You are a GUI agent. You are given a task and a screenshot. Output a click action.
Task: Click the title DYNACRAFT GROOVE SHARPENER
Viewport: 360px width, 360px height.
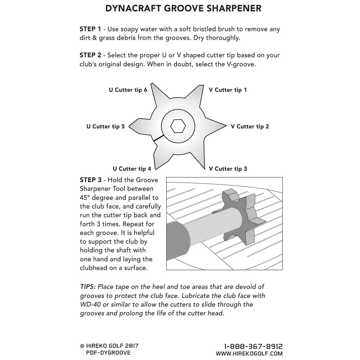coord(183,8)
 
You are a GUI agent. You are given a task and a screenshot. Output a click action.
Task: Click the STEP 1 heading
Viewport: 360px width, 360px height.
coord(90,29)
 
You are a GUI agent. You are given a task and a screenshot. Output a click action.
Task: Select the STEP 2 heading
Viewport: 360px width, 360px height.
coord(90,55)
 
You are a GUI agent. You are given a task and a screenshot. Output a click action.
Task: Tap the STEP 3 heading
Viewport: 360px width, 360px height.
coord(90,180)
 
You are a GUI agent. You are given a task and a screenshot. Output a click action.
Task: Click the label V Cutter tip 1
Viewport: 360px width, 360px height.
coord(228,90)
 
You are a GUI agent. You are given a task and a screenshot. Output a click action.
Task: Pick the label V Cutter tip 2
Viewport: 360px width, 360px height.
coord(250,127)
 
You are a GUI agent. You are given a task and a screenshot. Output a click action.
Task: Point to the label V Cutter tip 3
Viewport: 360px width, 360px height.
coord(228,169)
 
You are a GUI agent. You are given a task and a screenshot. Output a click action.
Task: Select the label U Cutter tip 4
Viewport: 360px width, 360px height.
coord(132,169)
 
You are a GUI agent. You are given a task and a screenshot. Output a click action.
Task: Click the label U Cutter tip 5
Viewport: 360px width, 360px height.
coord(105,127)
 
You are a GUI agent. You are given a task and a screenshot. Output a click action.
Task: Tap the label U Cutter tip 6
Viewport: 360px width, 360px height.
coord(128,90)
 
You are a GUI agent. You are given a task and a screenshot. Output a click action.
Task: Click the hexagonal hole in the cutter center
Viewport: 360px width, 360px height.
coord(178,126)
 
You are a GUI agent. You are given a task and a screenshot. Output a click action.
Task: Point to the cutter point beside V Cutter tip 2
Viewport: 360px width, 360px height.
coord(223,126)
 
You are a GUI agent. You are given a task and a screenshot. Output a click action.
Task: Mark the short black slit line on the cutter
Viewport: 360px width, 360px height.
coord(158,138)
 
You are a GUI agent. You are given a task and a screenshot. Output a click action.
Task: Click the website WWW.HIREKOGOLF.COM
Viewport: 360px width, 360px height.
coord(249,354)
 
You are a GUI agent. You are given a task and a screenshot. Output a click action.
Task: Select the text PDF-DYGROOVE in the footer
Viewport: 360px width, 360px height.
coord(108,353)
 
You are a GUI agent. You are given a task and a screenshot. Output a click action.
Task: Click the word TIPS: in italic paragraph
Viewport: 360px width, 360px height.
coord(88,287)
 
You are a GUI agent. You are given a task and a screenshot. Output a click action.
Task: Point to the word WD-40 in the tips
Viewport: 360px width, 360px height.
coord(89,304)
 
